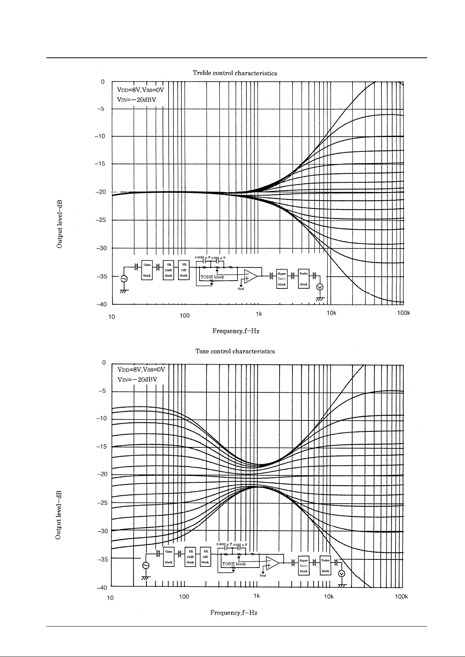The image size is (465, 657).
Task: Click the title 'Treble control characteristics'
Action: click(x=235, y=73)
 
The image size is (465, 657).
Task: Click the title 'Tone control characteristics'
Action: click(x=235, y=351)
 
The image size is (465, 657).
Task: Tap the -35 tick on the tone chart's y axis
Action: click(x=101, y=559)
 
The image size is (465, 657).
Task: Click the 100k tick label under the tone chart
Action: click(x=401, y=596)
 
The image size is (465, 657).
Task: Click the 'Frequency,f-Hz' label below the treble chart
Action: click(x=235, y=331)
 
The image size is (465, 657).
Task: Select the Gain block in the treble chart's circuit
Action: click(x=147, y=270)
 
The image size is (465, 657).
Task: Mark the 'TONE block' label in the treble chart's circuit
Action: click(x=212, y=277)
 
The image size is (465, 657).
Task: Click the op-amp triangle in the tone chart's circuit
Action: click(x=272, y=563)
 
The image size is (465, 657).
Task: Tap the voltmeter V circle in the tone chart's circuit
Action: click(x=342, y=573)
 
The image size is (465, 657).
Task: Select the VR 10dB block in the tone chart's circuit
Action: click(x=190, y=557)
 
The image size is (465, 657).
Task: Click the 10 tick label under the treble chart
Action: click(x=112, y=316)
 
